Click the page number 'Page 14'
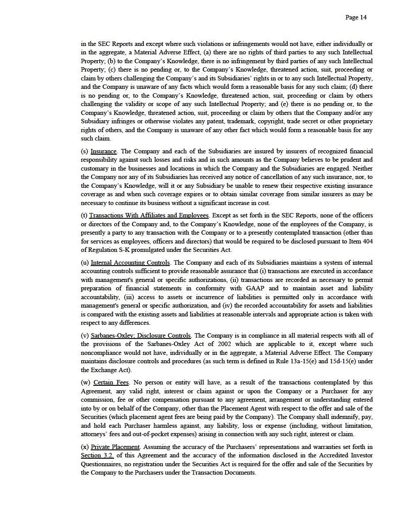(356, 18)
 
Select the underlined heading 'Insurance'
(103, 152)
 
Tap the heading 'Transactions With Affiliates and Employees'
(149, 216)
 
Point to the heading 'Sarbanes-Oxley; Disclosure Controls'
(141, 336)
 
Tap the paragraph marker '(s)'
(84, 152)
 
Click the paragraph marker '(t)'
(84, 216)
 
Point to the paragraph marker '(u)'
(85, 262)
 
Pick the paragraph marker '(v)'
(85, 336)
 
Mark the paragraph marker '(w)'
(86, 383)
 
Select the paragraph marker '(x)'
(85, 447)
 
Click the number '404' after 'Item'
(367, 241)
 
